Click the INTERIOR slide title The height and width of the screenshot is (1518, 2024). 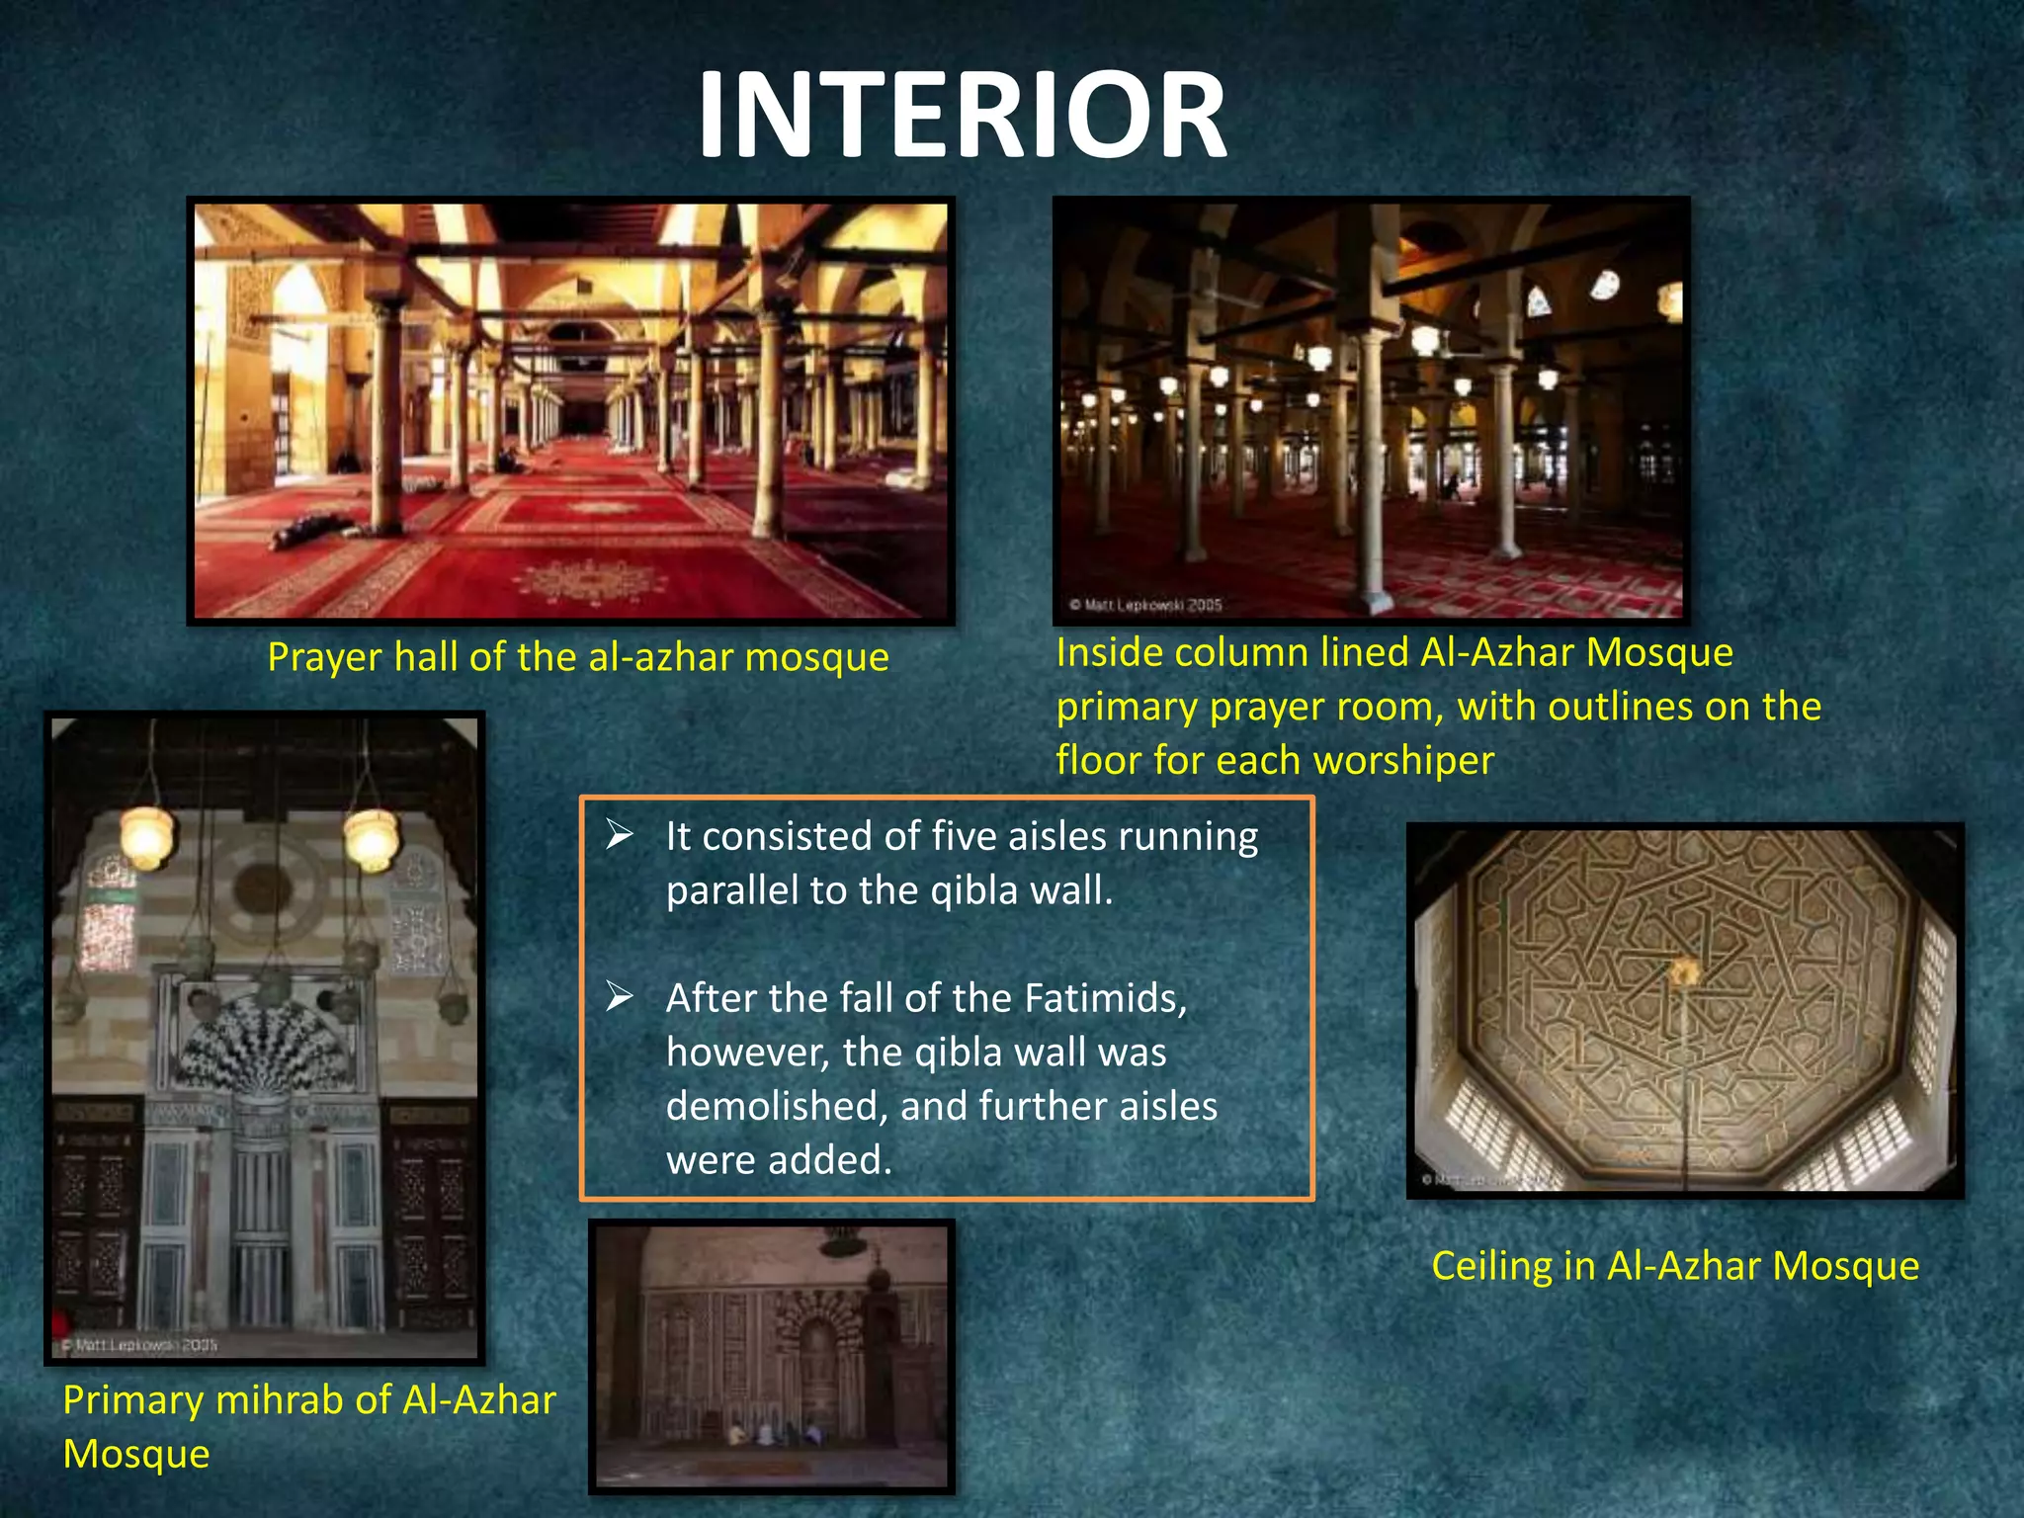click(962, 116)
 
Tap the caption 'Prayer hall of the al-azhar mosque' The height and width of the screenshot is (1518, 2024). click(578, 657)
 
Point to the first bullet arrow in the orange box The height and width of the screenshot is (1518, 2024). click(620, 835)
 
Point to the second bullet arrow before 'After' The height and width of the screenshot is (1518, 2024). click(620, 996)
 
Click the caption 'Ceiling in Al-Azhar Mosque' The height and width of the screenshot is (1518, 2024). click(1675, 1266)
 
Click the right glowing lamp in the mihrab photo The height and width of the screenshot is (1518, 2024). click(372, 838)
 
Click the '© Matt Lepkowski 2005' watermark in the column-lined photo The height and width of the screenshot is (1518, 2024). click(1145, 604)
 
